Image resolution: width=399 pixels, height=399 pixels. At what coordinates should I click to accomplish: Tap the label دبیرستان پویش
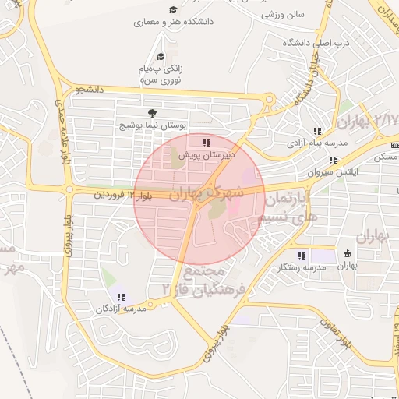207,155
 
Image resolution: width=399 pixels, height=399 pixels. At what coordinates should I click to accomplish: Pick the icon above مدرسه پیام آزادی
316,132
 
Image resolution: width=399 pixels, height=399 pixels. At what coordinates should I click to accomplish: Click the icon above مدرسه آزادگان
121,297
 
